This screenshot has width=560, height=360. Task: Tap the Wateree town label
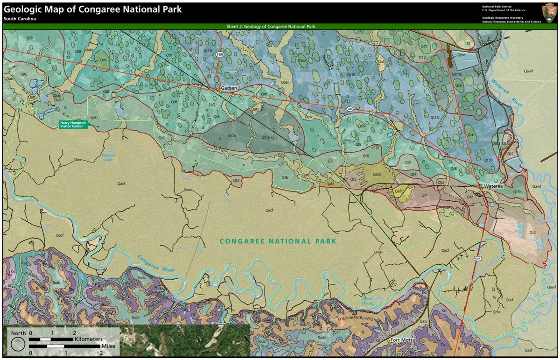493,186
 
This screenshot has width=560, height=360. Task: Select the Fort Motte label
402,340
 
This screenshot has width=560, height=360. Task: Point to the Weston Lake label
108,157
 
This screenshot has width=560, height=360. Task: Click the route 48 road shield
350,108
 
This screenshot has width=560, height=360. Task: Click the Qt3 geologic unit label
236,180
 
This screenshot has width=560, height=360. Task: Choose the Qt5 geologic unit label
407,162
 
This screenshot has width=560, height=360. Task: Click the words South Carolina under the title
20,19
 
